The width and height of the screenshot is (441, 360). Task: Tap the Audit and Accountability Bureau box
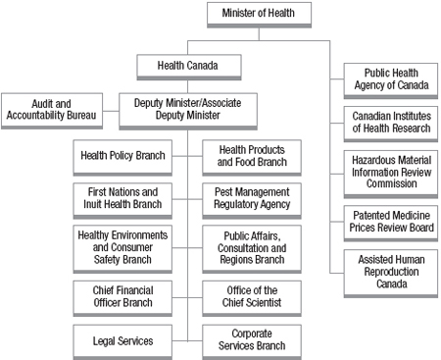(51, 107)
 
